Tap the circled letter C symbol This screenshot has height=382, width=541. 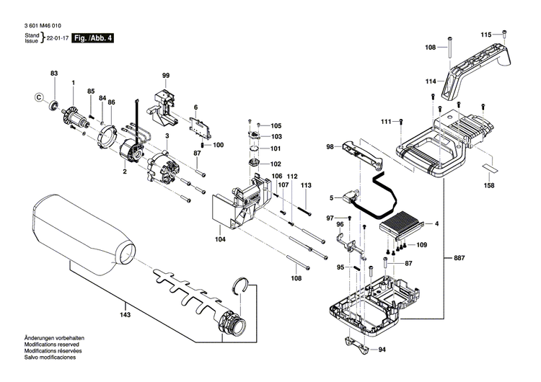coord(40,97)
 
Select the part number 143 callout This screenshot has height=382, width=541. coord(125,315)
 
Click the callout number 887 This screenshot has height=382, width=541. coord(459,258)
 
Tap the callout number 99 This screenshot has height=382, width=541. coord(165,76)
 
